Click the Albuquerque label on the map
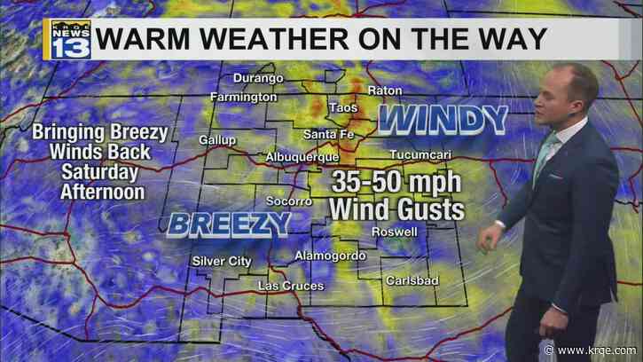[x=302, y=157]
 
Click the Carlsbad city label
[x=410, y=280]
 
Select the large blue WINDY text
[x=443, y=117]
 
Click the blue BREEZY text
[x=227, y=224]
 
